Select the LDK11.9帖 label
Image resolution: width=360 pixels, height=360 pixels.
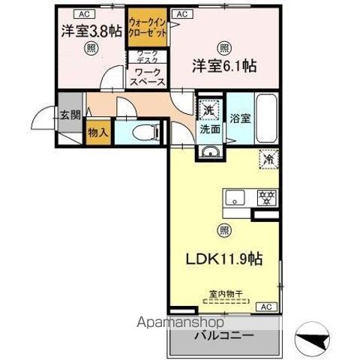tap(223, 259)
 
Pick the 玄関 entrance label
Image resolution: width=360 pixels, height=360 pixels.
tap(70, 115)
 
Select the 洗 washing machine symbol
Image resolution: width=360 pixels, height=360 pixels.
tap(208, 109)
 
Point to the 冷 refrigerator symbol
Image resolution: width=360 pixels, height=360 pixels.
tap(268, 159)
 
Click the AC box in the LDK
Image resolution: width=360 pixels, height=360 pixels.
tap(265, 306)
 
